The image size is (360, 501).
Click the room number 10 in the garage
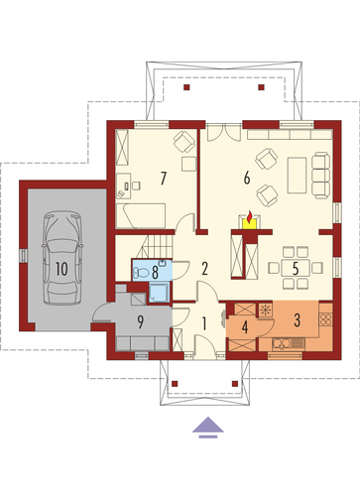click(x=61, y=269)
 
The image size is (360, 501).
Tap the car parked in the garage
click(x=62, y=258)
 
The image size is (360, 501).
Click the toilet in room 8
click(x=141, y=273)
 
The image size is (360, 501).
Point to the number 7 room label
click(x=163, y=179)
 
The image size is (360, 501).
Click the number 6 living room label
click(x=247, y=179)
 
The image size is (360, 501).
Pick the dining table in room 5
click(x=296, y=268)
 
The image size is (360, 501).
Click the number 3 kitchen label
click(x=297, y=320)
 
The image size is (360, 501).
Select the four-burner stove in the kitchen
click(x=325, y=319)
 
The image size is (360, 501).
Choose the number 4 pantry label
click(x=245, y=327)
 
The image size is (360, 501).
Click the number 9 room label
click(x=141, y=322)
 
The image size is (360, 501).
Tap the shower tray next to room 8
click(x=159, y=293)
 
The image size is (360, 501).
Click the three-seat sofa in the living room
click(x=322, y=176)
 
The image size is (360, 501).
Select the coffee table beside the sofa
click(x=298, y=176)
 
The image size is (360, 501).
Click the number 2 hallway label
click(x=205, y=269)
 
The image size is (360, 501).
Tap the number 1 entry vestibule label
click(x=204, y=323)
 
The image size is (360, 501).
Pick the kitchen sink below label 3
click(x=289, y=344)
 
